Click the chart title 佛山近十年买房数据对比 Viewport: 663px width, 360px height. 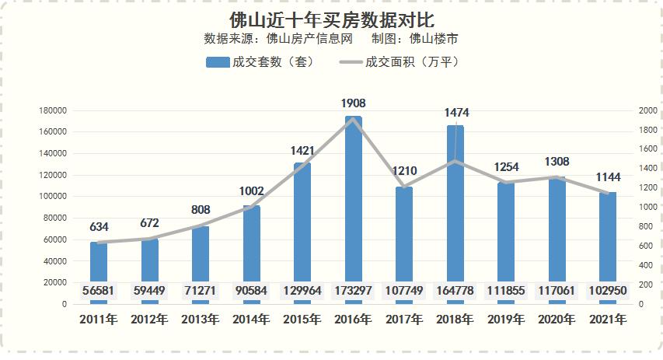pos(332,18)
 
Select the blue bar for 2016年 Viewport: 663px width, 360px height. pos(354,202)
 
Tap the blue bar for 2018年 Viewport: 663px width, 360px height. pos(455,210)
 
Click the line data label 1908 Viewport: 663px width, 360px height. pos(354,103)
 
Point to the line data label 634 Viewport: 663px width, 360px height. pos(99,228)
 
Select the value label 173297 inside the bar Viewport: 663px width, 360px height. pos(354,292)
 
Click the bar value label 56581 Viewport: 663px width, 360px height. pos(99,292)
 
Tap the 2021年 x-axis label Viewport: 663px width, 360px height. pos(608,319)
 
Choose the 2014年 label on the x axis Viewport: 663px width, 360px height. pos(251,319)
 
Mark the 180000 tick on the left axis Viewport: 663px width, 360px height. pos(52,110)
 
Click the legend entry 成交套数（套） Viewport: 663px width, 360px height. pos(260,61)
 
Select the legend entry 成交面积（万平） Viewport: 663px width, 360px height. pos(400,61)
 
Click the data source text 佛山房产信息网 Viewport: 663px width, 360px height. pos(309,38)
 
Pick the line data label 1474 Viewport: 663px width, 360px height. pos(456,114)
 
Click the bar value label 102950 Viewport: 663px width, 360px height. pos(608,292)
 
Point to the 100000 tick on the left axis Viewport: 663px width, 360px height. pos(52,197)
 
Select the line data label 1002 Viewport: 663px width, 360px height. pos(252,190)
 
